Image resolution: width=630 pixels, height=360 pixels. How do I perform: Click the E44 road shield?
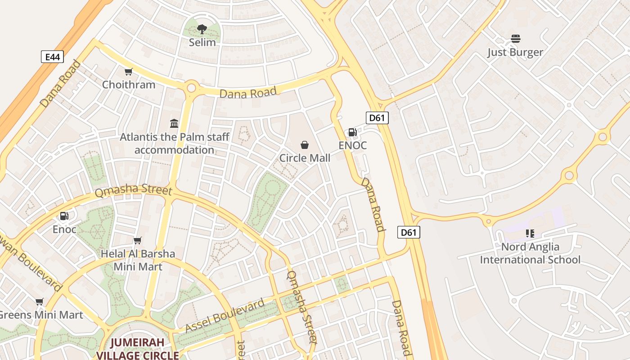[52, 57]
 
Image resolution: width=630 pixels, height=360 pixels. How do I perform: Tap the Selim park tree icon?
[202, 30]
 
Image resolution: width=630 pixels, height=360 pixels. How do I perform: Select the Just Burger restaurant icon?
[515, 39]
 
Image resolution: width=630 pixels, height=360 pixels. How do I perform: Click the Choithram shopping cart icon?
[129, 72]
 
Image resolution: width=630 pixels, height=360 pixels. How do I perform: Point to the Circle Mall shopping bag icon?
[305, 145]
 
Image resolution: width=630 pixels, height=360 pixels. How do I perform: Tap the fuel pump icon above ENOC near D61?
[352, 132]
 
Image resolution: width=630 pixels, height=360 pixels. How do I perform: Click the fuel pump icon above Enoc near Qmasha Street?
[64, 216]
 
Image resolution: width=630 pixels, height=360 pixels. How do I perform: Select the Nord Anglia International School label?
[530, 253]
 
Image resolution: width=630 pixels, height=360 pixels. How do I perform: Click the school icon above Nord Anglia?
[530, 233]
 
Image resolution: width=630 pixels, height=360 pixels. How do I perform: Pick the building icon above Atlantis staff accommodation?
[174, 123]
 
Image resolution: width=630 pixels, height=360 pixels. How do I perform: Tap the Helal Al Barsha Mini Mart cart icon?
[138, 241]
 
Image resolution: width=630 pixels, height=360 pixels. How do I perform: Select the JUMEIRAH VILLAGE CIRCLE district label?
[138, 349]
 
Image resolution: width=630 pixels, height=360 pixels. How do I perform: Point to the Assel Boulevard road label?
[225, 316]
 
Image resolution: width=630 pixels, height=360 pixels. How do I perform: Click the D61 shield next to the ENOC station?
[377, 118]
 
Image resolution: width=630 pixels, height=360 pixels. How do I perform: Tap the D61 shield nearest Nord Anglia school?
[409, 232]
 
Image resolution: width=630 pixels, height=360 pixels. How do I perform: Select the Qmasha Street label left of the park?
[133, 191]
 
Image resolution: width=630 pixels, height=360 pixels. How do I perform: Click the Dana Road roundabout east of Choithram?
[191, 87]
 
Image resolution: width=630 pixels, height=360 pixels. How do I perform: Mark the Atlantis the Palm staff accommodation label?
[175, 143]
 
